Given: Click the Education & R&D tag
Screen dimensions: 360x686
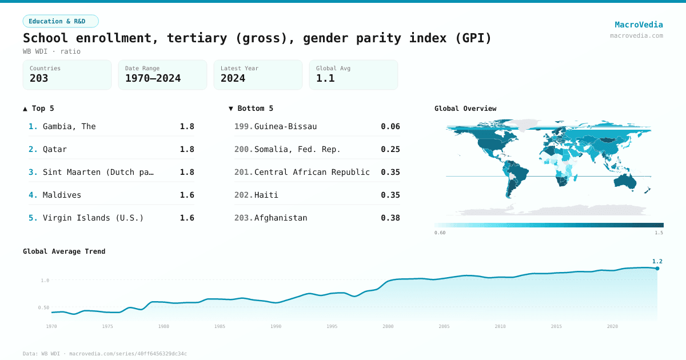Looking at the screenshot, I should pyautogui.click(x=61, y=21).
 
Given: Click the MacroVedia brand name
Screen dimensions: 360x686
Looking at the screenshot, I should pyautogui.click(x=639, y=25).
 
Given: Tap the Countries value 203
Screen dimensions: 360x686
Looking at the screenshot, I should pyautogui.click(x=39, y=78).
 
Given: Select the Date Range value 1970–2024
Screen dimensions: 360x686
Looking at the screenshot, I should pyautogui.click(x=153, y=78).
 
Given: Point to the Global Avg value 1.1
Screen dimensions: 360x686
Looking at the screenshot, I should pyautogui.click(x=325, y=78).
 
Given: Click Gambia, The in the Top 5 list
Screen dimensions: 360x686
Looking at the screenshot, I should pyautogui.click(x=69, y=126).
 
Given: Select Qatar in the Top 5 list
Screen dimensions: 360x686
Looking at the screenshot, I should pyautogui.click(x=55, y=149).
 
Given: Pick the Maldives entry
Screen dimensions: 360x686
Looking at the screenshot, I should pyautogui.click(x=62, y=195).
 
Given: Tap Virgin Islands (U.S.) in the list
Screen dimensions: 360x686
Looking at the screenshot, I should pyautogui.click(x=93, y=218).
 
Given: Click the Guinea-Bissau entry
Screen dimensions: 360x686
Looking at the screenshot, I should pyautogui.click(x=285, y=126).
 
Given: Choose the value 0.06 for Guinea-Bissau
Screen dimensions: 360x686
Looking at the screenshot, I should pyautogui.click(x=390, y=126).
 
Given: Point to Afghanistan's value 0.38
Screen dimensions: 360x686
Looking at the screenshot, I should pyautogui.click(x=390, y=218).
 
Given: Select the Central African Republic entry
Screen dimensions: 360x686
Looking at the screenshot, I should pyautogui.click(x=312, y=172).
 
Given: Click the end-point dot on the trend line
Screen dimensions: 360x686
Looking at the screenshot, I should pyautogui.click(x=657, y=268).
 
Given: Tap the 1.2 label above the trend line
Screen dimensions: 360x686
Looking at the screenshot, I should pyautogui.click(x=657, y=261).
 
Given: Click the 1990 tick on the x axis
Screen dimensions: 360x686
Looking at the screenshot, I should pyautogui.click(x=276, y=326).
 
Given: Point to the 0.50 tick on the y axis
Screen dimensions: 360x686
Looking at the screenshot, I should pyautogui.click(x=43, y=307).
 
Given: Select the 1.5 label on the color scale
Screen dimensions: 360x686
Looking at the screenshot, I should pyautogui.click(x=659, y=233).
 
